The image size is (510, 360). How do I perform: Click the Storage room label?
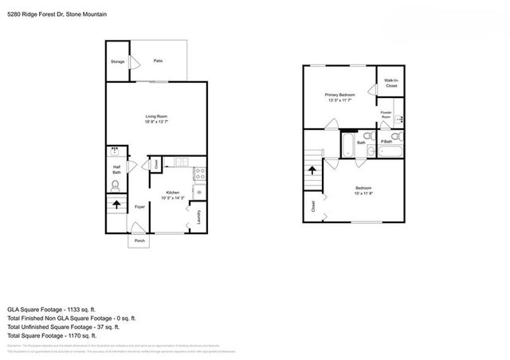click(117, 61)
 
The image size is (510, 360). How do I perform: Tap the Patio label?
click(159, 61)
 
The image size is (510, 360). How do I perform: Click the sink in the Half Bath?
click(115, 151)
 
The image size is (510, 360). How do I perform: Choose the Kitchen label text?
click(173, 192)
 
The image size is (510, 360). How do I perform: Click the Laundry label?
click(198, 217)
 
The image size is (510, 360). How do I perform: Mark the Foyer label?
click(139, 207)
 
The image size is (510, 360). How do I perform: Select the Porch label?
click(139, 241)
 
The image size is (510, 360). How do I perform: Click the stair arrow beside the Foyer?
click(118, 204)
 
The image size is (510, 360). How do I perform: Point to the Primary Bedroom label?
click(339, 94)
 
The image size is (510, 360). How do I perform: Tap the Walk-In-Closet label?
click(390, 83)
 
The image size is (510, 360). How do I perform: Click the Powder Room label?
click(386, 115)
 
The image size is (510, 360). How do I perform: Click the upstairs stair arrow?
click(312, 169)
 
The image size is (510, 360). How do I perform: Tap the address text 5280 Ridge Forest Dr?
click(39, 14)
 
